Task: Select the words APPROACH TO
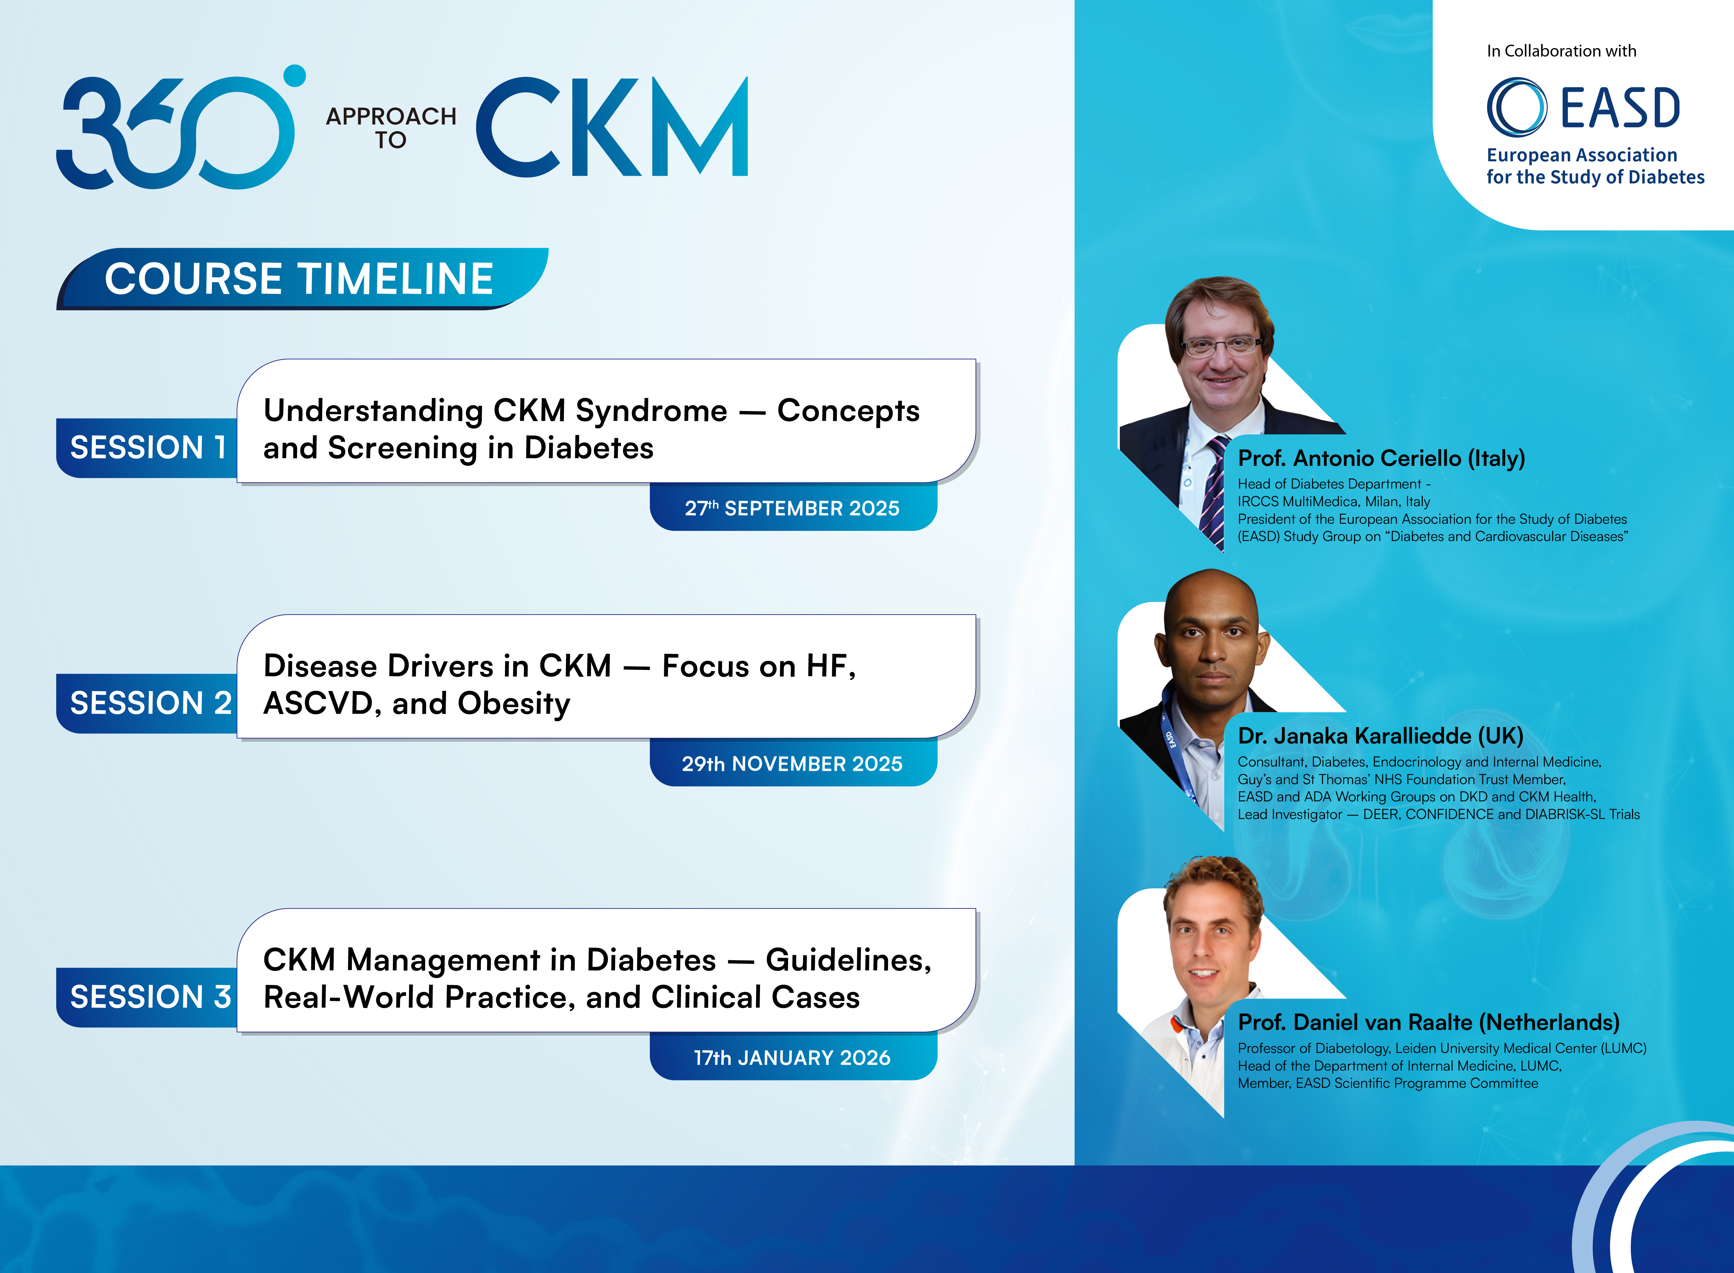click(x=391, y=128)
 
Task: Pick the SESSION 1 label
click(x=148, y=448)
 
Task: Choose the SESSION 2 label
click(x=150, y=703)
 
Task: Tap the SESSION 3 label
click(x=150, y=997)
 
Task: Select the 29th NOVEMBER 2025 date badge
click(x=793, y=763)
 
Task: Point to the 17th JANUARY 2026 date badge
click(x=793, y=1057)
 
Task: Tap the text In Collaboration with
click(x=1561, y=51)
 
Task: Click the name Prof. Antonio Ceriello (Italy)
click(x=1381, y=458)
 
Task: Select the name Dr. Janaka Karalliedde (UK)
click(x=1380, y=736)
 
